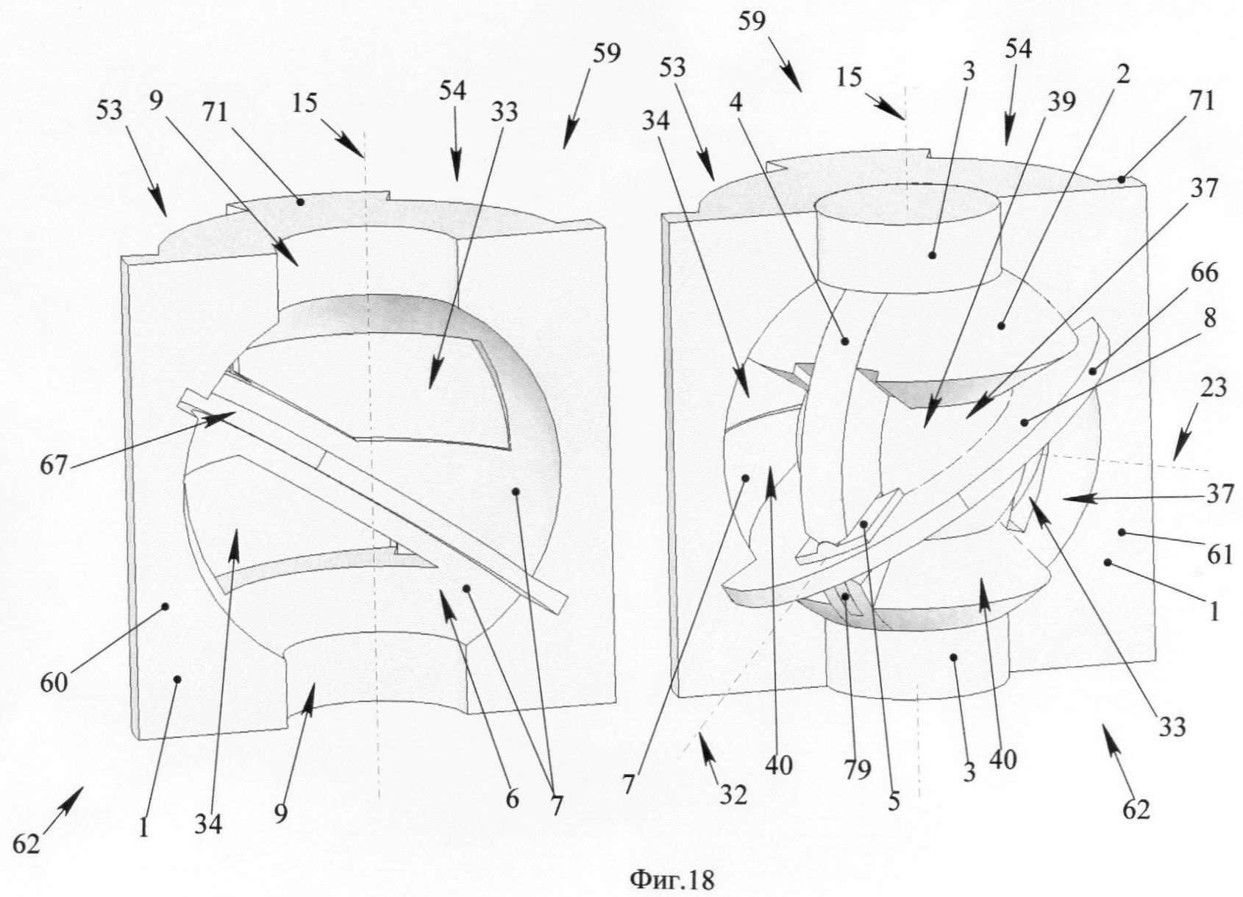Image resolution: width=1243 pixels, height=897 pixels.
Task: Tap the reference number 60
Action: (54, 682)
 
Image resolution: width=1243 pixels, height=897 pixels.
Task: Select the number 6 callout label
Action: (512, 798)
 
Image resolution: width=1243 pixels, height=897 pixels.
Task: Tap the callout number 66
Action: (1203, 273)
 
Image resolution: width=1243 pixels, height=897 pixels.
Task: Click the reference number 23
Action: (1211, 387)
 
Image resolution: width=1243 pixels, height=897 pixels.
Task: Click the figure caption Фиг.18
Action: (672, 879)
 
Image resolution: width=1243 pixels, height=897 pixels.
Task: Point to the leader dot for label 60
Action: (165, 606)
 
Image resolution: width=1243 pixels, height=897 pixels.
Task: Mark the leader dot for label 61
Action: (1122, 531)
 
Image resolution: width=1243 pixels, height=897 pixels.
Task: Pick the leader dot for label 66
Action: (1094, 371)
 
